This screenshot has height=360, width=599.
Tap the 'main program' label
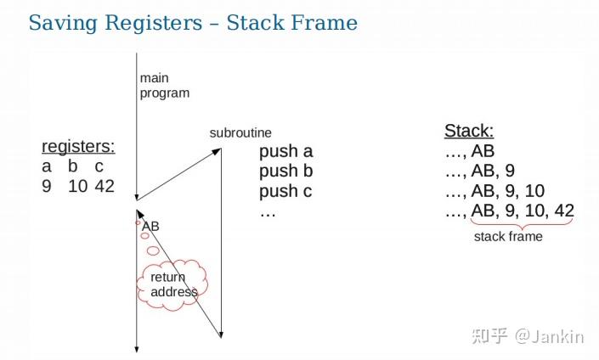164,86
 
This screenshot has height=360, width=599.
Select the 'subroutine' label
240,133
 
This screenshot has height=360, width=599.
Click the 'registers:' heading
78,146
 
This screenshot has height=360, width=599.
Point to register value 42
105,187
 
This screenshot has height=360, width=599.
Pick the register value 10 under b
77,187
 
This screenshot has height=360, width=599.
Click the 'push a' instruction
286,152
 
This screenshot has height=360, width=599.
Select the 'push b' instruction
286,172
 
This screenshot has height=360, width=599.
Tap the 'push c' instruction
285,192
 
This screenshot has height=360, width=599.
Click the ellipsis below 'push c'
268,211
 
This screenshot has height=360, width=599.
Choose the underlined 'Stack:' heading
469,132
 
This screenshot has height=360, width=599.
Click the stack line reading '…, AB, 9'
480,172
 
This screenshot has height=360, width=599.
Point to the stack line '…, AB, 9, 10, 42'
510,211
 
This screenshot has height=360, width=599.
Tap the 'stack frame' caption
508,237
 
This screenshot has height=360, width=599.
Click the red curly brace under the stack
522,225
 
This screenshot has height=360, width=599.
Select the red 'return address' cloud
173,285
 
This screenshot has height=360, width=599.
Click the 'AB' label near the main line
150,226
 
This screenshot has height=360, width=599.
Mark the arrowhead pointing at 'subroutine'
218,151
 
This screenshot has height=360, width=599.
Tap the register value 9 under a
47,187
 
